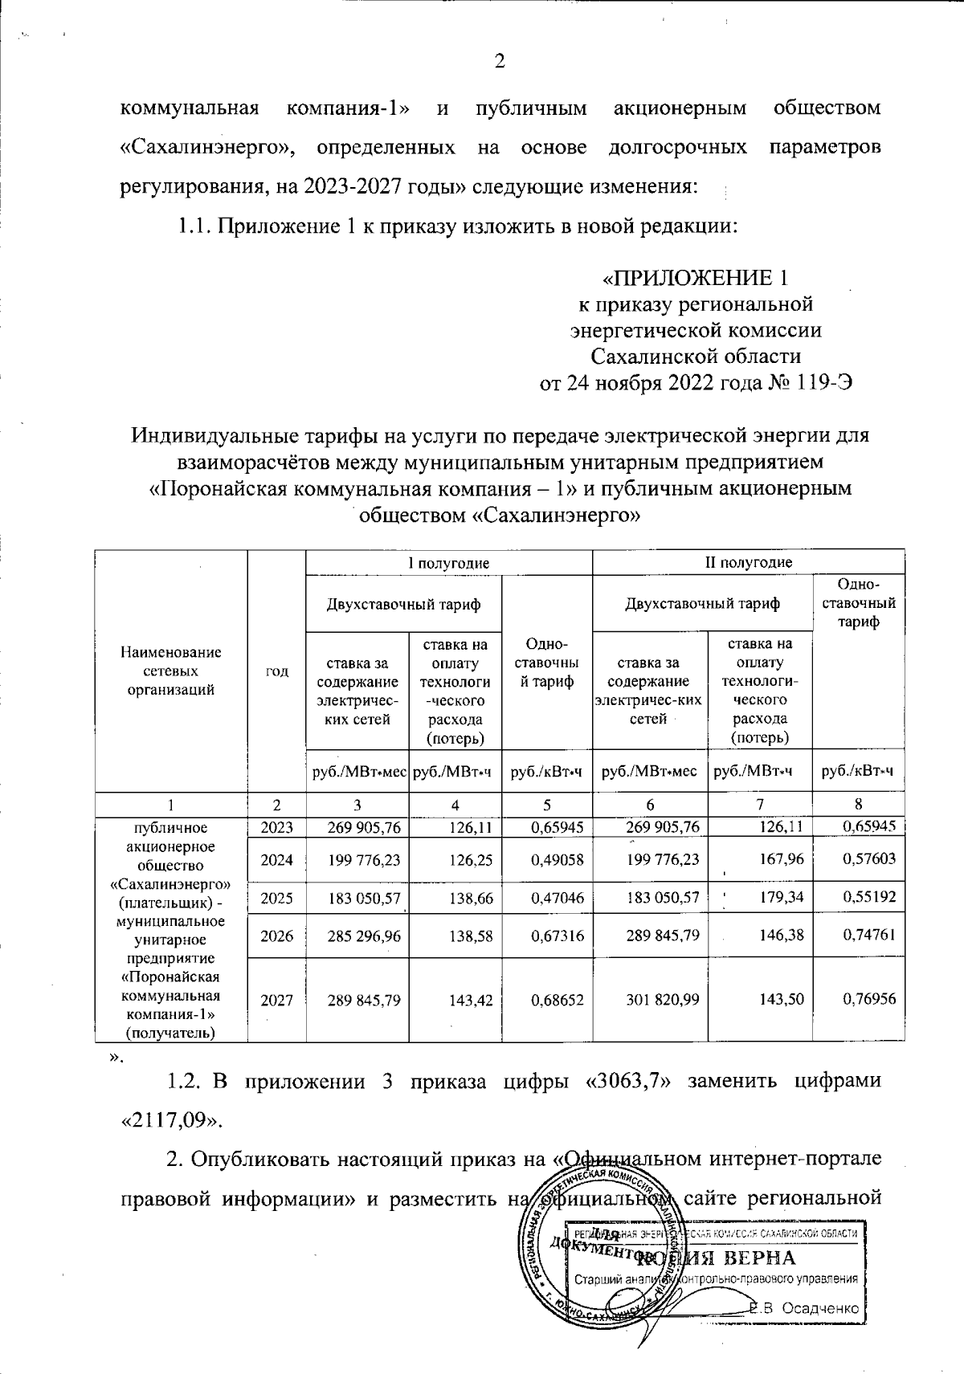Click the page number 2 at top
(499, 62)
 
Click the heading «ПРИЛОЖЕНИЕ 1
(695, 279)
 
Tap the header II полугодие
(748, 562)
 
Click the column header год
(277, 671)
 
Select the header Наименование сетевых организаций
(171, 671)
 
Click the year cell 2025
(277, 896)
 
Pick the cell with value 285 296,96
(357, 936)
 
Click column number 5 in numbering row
(547, 804)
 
